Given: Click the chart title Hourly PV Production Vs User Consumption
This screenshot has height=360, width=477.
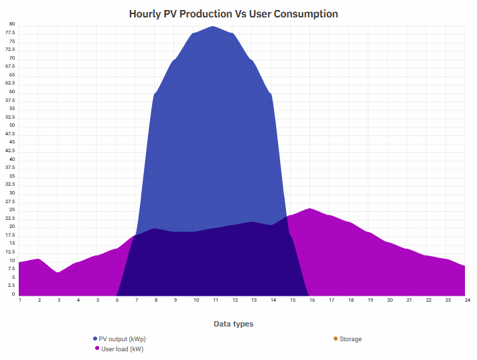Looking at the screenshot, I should (x=233, y=13).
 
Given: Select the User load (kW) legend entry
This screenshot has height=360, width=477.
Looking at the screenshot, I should (x=122, y=349).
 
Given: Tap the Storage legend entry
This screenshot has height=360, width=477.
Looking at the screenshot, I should (x=350, y=339).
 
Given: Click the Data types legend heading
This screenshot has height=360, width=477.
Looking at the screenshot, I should (x=233, y=324).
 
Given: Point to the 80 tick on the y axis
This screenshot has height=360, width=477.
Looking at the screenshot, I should (x=11, y=25).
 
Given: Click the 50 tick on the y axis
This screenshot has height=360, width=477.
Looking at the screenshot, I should (x=11, y=126).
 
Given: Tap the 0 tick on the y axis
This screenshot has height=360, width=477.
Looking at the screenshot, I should (x=13, y=294).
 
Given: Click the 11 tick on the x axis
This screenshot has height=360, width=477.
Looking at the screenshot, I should (x=214, y=300).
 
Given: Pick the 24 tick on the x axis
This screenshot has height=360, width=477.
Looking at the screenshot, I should (x=465, y=300).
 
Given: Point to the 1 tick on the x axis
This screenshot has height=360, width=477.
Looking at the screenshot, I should (x=20, y=300).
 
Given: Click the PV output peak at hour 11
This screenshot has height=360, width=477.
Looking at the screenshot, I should (x=214, y=27).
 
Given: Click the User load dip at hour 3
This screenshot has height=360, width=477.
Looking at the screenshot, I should (x=58, y=272).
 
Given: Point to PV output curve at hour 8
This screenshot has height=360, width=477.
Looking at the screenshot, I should (x=155, y=93).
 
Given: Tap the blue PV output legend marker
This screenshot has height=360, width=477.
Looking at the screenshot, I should (x=95, y=339).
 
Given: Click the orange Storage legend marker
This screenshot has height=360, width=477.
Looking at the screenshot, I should (x=336, y=339).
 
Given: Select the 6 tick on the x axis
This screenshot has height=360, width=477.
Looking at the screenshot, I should (x=117, y=300).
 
